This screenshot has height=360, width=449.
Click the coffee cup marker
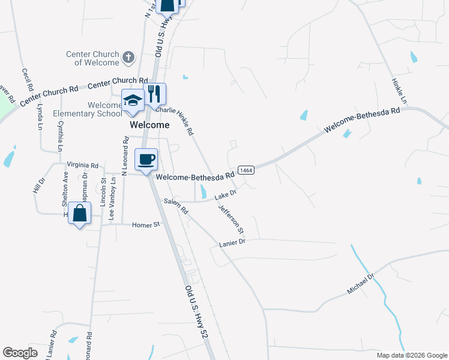(x=146, y=160)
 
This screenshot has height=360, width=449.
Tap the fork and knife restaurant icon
(x=154, y=94)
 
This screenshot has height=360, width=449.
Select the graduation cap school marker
(x=133, y=100)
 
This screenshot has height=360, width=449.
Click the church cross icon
(x=128, y=58)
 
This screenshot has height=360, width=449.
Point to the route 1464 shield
(x=246, y=170)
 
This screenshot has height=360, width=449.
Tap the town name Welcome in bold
(x=150, y=125)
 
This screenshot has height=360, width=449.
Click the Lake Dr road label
(x=226, y=194)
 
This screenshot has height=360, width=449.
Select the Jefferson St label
(x=232, y=219)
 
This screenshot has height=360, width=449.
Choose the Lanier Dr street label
(x=233, y=242)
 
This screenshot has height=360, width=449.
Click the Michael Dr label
(x=360, y=284)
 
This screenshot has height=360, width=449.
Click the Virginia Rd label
(x=82, y=164)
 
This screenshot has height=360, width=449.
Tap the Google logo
(x=20, y=353)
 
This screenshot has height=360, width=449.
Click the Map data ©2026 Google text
(x=411, y=355)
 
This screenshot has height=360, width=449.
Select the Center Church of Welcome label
(x=93, y=58)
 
